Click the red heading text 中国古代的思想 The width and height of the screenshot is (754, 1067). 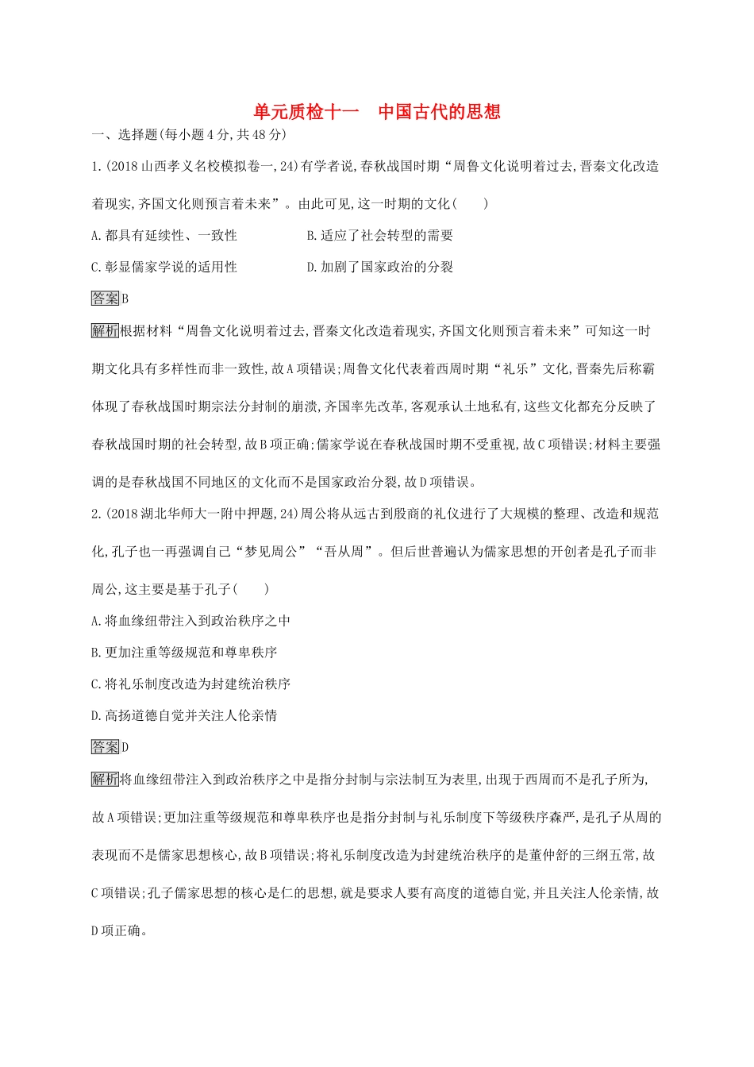coord(439,112)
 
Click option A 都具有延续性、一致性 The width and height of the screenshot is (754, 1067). coord(164,236)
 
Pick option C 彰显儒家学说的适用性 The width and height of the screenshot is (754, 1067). coord(164,268)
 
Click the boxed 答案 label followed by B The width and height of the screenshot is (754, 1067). coord(106,299)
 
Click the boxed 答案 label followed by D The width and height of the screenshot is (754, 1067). coord(106,747)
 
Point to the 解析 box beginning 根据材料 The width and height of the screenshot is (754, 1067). coord(106,331)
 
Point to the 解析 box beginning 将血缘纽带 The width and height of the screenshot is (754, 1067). coord(106,780)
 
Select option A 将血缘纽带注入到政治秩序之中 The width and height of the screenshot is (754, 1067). coord(191,621)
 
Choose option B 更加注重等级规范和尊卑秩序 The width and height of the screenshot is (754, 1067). coord(184,653)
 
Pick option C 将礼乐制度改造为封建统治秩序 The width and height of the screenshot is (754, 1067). coord(191,684)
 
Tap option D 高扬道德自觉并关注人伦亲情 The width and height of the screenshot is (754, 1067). coord(184,716)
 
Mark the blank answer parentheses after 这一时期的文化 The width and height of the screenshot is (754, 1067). coord(470,204)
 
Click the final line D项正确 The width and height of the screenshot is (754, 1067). coord(119,931)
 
